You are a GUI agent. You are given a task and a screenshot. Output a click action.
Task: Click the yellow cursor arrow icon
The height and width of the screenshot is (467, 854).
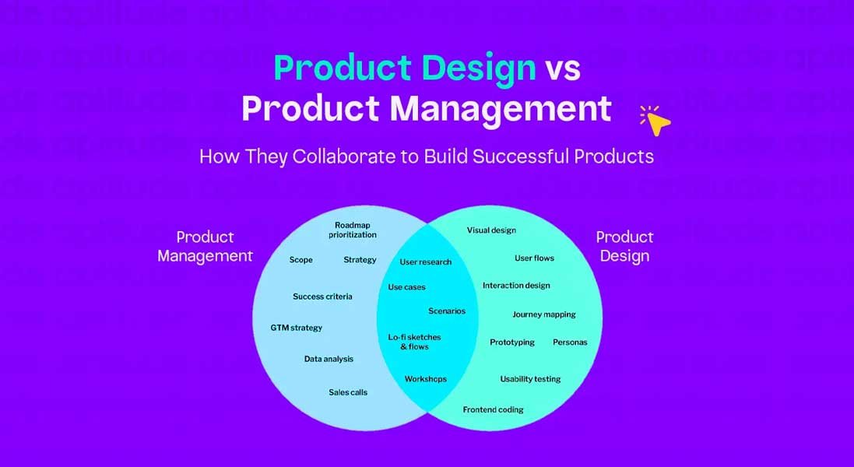[x=658, y=121]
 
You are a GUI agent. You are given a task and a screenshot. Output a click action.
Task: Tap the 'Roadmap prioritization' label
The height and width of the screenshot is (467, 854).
[x=352, y=230]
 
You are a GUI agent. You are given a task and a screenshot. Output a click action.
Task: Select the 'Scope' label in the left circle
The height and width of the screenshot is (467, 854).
[x=301, y=260]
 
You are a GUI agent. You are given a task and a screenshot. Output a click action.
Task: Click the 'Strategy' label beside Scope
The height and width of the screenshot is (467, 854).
[x=360, y=260]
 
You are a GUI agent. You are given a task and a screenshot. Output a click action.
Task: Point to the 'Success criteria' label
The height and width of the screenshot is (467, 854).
[x=322, y=297]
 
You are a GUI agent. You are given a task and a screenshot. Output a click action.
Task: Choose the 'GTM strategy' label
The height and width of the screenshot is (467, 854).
[x=296, y=328]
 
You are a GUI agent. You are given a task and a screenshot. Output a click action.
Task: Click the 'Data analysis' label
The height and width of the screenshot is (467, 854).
[x=329, y=359]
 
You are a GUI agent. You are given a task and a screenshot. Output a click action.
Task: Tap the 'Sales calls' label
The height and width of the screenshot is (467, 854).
[x=348, y=392]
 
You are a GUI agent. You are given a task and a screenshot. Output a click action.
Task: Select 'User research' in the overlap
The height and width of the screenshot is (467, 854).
[x=426, y=262]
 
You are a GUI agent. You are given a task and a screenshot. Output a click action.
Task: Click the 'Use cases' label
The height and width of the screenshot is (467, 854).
[x=407, y=287]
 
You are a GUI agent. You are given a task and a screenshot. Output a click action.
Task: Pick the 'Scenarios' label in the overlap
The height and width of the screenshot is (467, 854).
[x=447, y=311]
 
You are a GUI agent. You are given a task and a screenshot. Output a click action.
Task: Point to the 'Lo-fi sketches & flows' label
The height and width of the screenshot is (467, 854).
[x=415, y=342]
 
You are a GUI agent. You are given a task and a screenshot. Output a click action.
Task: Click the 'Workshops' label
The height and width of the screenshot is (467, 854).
[x=426, y=379]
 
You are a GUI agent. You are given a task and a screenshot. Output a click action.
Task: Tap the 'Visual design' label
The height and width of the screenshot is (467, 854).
[x=491, y=230]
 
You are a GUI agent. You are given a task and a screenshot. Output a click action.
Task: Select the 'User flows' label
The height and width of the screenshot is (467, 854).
[x=534, y=258]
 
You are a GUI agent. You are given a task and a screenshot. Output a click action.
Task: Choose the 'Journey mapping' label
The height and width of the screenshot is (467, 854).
[x=544, y=314]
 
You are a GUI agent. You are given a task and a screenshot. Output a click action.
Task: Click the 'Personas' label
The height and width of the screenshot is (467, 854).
[x=570, y=342]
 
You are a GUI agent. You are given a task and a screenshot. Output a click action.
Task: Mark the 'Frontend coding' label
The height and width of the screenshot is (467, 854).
[x=493, y=409]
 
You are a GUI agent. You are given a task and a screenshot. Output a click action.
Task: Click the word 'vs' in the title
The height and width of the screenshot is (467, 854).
[x=562, y=68]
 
